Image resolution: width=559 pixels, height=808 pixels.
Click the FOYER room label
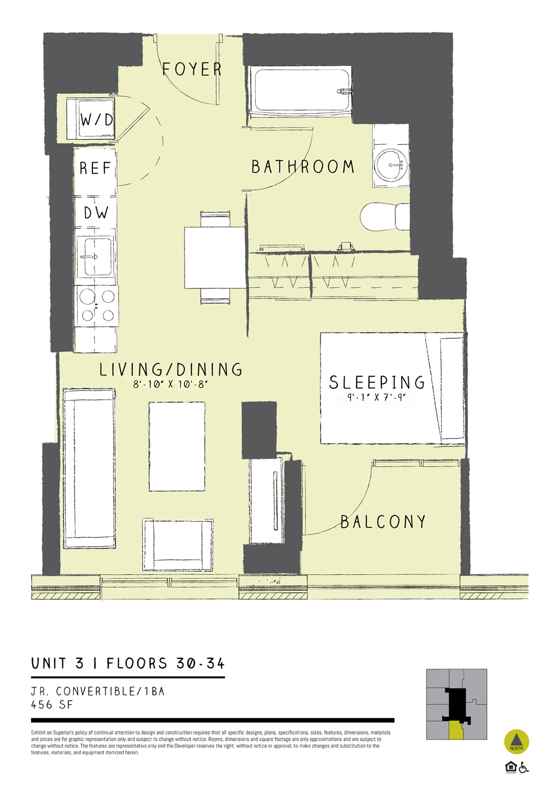click(192, 69)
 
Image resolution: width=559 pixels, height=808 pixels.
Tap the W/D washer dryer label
click(97, 120)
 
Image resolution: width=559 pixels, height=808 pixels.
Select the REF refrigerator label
click(95, 168)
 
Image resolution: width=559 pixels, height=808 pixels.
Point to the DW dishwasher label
click(96, 213)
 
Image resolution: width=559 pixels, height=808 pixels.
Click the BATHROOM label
click(302, 167)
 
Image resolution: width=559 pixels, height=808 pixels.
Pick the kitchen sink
click(95, 257)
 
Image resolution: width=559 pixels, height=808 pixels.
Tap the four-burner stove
click(96, 306)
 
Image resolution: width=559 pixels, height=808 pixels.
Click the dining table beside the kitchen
click(215, 257)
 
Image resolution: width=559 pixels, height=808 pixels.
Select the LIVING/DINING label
click(171, 370)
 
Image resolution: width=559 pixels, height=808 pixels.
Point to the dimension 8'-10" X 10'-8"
click(170, 385)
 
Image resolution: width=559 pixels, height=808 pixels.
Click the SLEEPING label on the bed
click(377, 382)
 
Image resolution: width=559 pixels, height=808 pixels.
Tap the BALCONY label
click(383, 521)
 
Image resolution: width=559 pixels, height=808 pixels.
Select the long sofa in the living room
click(89, 468)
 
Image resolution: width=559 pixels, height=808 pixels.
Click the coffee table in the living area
click(177, 446)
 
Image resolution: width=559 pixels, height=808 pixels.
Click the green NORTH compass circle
click(516, 741)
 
